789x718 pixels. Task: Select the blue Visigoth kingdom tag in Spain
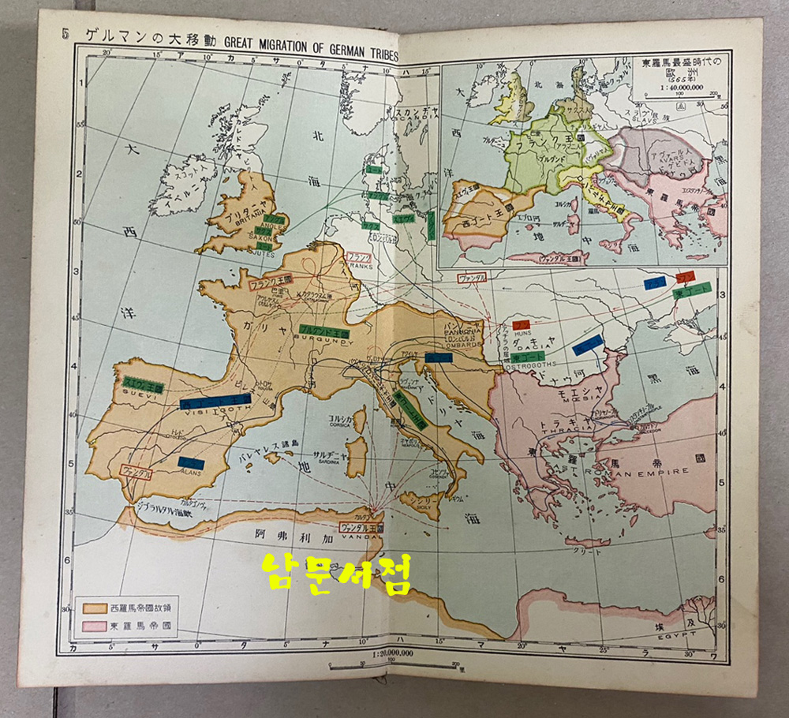coord(215,402)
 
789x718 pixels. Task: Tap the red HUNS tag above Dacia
coord(521,324)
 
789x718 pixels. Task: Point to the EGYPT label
coord(667,634)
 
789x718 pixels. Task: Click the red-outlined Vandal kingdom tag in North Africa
coord(361,527)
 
